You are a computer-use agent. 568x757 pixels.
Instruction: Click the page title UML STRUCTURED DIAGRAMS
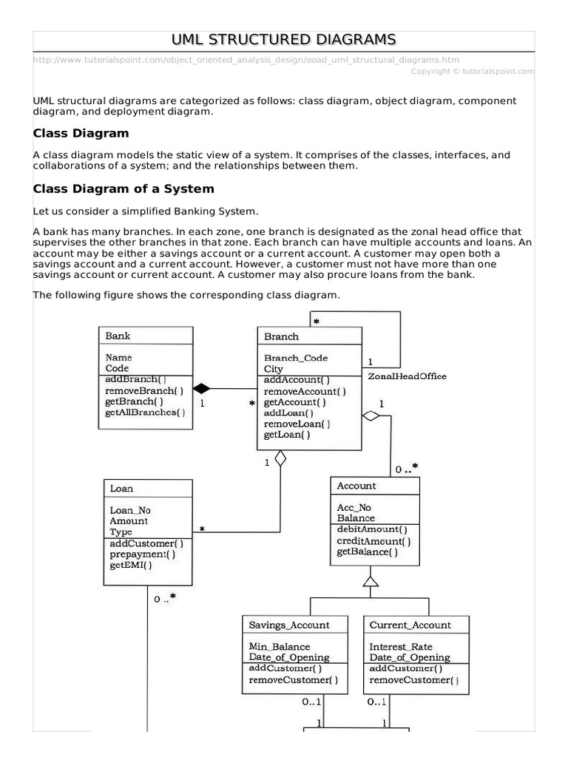284,39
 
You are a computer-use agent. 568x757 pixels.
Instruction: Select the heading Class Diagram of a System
124,189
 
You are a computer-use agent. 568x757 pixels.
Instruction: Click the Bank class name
118,336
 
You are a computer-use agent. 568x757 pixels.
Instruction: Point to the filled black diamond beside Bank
202,388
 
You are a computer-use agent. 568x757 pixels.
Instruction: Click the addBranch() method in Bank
135,379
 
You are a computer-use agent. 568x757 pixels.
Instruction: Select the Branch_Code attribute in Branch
296,358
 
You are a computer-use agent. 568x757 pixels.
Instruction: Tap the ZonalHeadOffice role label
407,376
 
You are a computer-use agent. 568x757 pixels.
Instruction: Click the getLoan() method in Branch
287,435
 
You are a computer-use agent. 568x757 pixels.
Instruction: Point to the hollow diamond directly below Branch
280,459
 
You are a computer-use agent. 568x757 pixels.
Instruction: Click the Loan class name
121,489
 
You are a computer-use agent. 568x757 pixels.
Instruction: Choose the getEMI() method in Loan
131,566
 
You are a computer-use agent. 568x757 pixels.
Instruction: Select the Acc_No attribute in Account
354,507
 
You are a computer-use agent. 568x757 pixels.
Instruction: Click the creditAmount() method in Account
373,540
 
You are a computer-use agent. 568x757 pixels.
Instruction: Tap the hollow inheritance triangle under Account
371,581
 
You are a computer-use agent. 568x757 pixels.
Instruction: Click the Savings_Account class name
289,625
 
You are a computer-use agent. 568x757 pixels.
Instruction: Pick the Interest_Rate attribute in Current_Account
401,647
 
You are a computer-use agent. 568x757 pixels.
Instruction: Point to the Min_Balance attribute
280,647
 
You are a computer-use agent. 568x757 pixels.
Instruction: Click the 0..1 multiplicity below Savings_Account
311,702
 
